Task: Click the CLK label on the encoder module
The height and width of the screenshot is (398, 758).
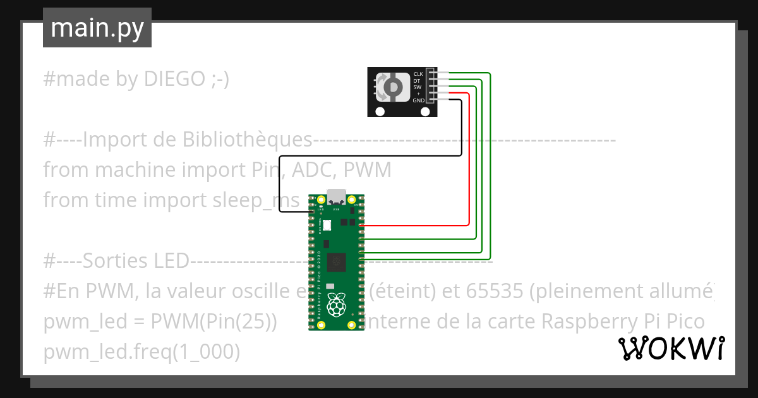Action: (x=418, y=74)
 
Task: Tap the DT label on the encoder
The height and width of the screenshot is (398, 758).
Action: (x=417, y=81)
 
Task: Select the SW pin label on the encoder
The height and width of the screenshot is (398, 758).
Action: (x=417, y=87)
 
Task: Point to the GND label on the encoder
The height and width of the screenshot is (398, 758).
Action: (x=418, y=100)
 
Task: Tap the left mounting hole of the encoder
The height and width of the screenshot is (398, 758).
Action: (x=380, y=112)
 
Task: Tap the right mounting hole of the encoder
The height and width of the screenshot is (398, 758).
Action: (x=424, y=112)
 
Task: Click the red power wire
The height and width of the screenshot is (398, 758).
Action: (x=469, y=158)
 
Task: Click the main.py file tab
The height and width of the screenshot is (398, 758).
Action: (x=97, y=28)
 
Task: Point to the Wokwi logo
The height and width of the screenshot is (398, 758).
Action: (x=671, y=348)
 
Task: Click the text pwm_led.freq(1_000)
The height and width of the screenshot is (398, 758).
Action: (x=141, y=352)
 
